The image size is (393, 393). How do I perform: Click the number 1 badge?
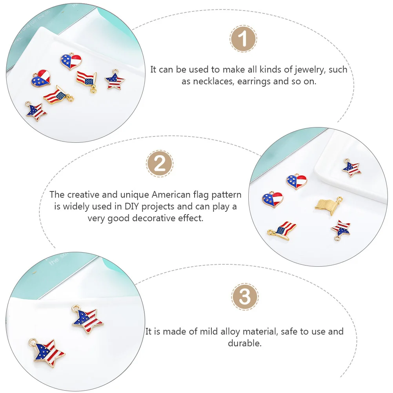coord(243,39)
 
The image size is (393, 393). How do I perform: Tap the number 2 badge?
coord(160,164)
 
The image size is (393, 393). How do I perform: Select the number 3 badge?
coord(245,297)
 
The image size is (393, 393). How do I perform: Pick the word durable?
coord(245,343)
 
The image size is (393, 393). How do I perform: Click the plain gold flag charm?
coord(328,205)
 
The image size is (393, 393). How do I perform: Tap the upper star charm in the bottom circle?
coord(87,319)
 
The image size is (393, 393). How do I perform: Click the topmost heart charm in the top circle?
coord(71,61)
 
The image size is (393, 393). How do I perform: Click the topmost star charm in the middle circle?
coord(351,168)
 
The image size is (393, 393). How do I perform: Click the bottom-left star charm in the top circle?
coord(35,111)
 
